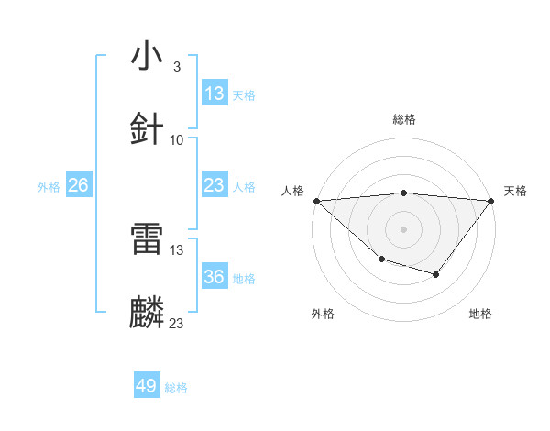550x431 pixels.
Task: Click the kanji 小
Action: pos(148,56)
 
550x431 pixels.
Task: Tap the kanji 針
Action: pos(148,129)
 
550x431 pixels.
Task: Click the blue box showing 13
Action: pos(214,93)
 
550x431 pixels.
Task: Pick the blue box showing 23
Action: pos(214,185)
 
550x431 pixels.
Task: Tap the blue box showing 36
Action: pos(214,277)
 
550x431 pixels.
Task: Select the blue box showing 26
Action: pos(78,185)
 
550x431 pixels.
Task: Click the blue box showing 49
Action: pos(147,386)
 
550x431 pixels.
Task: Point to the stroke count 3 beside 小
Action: pos(176,67)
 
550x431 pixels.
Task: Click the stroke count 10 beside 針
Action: pos(177,140)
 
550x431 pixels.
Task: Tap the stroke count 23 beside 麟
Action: pos(177,323)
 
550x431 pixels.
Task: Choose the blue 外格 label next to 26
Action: pos(49,186)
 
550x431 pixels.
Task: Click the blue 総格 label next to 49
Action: pos(176,388)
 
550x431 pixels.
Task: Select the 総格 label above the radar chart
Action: pos(404,119)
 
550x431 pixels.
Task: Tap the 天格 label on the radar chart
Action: pos(516,191)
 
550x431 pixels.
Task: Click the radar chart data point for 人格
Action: pos(316,200)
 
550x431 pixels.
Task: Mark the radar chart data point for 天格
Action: pos(491,200)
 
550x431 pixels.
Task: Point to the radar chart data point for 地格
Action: pos(436,274)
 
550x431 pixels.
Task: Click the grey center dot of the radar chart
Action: pos(404,228)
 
